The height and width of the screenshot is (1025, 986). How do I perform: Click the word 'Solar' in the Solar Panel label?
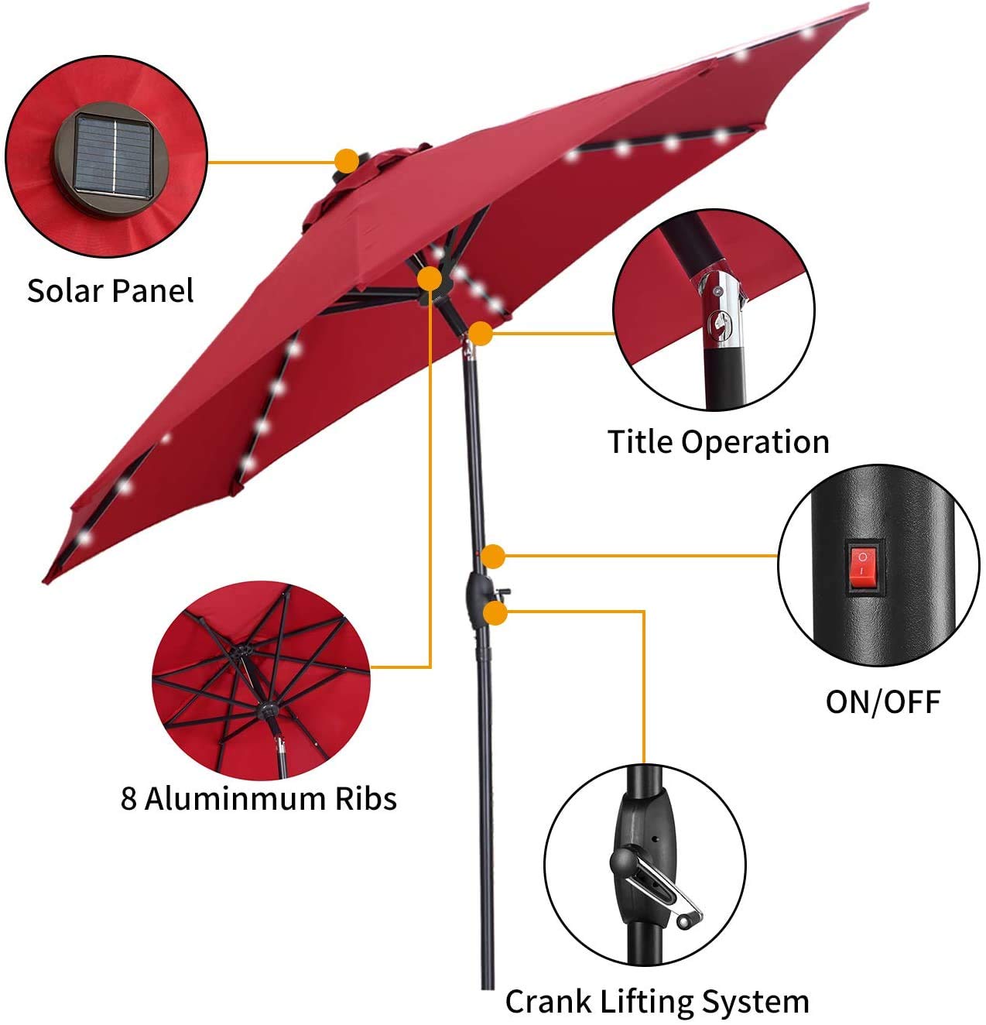[65, 291]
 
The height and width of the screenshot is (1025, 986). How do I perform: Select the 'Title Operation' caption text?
[718, 442]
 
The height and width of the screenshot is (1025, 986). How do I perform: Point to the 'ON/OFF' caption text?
[882, 702]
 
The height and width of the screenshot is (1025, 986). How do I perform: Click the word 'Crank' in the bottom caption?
[549, 1001]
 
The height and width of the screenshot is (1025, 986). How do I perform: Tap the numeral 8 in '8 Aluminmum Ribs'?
[128, 798]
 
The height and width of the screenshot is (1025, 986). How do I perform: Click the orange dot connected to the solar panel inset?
[347, 161]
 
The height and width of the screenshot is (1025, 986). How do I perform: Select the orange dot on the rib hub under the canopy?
[430, 279]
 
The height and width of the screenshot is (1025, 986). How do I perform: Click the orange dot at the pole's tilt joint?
[481, 334]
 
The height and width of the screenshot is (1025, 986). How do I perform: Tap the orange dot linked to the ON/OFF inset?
[493, 556]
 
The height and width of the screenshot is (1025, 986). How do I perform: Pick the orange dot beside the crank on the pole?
[495, 613]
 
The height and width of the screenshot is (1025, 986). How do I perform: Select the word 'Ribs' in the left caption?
[365, 798]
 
